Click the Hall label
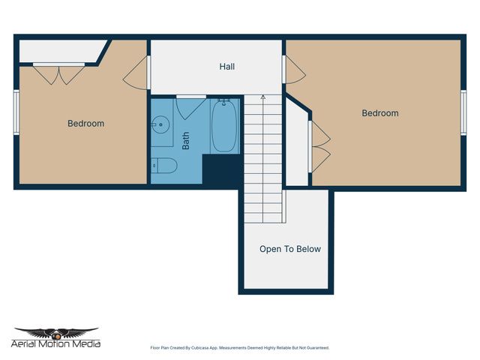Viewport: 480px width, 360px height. tap(226, 67)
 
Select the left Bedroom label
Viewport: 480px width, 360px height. tap(85, 124)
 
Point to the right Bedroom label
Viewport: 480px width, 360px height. tap(379, 113)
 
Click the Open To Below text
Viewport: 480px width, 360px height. tap(289, 249)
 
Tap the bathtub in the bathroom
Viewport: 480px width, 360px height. tap(224, 126)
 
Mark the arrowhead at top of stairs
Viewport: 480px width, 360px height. tap(263, 97)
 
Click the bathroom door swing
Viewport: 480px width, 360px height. tap(189, 107)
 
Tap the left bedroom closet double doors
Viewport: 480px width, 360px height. tap(58, 73)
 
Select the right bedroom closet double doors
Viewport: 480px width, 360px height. tap(320, 145)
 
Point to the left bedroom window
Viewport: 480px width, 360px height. tap(16, 112)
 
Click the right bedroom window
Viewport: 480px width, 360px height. tap(463, 112)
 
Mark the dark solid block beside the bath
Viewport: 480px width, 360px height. tap(223, 171)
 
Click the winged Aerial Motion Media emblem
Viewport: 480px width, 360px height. tap(56, 332)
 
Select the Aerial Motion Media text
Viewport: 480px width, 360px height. tap(56, 343)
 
